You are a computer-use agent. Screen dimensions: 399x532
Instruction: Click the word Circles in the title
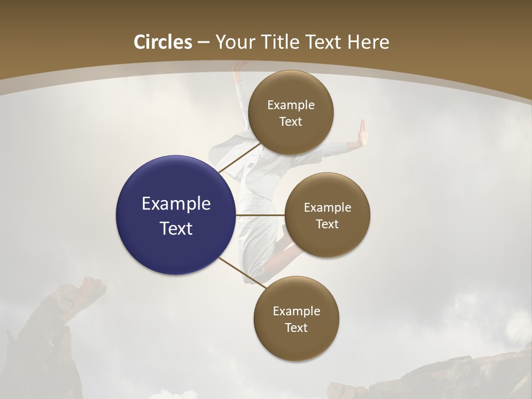pyautogui.click(x=163, y=42)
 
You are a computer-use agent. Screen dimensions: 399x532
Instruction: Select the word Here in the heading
pyautogui.click(x=369, y=42)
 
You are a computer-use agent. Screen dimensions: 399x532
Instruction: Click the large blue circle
pyautogui.click(x=176, y=215)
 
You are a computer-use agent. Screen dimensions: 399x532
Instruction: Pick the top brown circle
pyautogui.click(x=290, y=112)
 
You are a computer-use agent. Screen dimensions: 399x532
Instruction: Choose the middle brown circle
pyautogui.click(x=327, y=215)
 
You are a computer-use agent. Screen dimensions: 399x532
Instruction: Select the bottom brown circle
pyautogui.click(x=296, y=319)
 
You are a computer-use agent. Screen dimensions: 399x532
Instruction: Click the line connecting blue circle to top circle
pyautogui.click(x=239, y=157)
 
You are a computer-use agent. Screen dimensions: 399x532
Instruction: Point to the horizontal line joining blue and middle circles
pyautogui.click(x=260, y=215)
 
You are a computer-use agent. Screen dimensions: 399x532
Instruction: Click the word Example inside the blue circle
pyautogui.click(x=176, y=204)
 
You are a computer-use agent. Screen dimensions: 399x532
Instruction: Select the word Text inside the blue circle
pyautogui.click(x=176, y=228)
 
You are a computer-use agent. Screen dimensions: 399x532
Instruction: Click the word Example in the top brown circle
pyautogui.click(x=290, y=105)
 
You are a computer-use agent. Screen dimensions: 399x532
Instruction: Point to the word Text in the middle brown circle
pyautogui.click(x=327, y=224)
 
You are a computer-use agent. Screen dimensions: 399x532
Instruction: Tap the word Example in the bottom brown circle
pyautogui.click(x=296, y=311)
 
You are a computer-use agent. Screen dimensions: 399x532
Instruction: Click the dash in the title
pyautogui.click(x=203, y=42)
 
